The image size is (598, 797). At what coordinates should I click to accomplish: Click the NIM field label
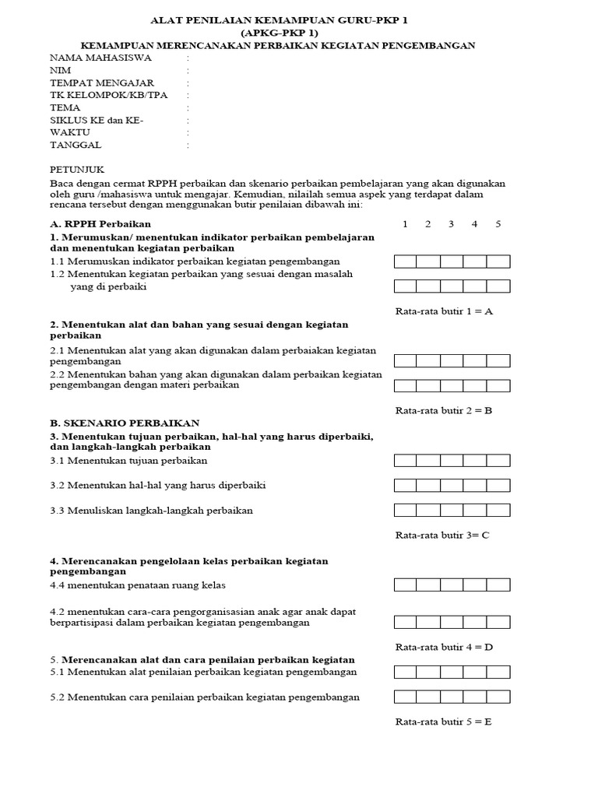pos(61,70)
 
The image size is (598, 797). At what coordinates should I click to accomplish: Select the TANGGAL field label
pos(76,145)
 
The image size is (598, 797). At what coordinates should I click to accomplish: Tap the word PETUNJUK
pos(76,169)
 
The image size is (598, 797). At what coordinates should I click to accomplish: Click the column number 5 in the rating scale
pos(498,224)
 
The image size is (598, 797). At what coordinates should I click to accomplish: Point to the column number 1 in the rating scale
pos(405,224)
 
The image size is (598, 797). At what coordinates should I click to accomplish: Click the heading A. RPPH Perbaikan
pos(100,224)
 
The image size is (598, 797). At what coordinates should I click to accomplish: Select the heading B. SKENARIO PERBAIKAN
pos(125,423)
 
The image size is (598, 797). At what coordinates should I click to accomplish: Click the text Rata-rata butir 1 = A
pos(445,311)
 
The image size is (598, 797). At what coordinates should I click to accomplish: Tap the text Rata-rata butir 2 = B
pos(444,410)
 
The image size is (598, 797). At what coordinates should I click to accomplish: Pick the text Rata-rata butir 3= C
pos(442,535)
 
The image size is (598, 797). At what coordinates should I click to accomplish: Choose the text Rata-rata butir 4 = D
pos(445,647)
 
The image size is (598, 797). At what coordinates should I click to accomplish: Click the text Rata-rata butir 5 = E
pos(444,722)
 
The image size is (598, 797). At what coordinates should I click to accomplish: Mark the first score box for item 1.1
pos(406,262)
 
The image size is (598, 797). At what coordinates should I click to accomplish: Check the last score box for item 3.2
pos(498,486)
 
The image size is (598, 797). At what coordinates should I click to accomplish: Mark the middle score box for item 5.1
pos(452,672)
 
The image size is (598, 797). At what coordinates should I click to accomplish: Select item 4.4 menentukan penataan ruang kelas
pos(138,585)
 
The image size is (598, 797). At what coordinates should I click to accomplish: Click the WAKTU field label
pos(70,132)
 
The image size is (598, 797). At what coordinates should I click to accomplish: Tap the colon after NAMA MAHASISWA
pos(188,58)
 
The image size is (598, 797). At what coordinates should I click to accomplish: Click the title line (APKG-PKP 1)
pos(279,33)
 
